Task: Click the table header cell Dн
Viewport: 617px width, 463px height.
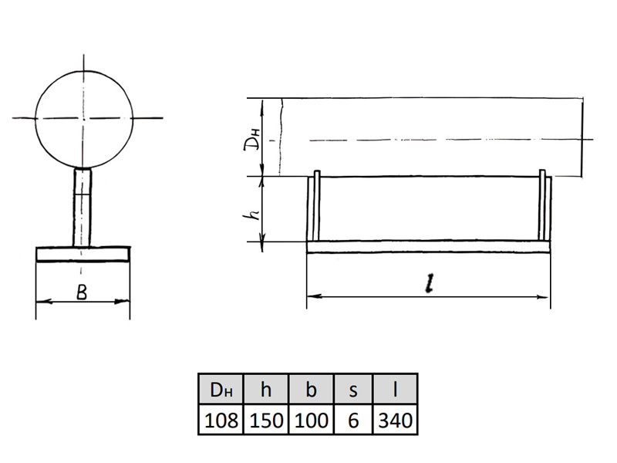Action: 221,389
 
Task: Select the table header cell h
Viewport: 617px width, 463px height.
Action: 266,389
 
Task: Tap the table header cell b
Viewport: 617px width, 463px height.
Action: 312,389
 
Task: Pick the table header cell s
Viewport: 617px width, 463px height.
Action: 353,389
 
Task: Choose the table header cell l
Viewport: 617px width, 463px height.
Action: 395,389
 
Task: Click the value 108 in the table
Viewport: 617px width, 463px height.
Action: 221,420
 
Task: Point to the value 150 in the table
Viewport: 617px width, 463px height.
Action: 266,420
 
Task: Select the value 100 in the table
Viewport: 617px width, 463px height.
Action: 312,420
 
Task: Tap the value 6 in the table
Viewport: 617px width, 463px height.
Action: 353,420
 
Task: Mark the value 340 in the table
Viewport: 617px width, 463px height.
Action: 395,420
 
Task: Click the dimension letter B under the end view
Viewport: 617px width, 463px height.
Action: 82,292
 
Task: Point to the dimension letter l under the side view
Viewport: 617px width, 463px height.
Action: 430,283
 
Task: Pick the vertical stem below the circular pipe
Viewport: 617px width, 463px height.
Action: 83,208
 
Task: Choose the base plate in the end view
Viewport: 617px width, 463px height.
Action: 83,254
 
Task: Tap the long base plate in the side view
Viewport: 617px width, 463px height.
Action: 428,246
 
